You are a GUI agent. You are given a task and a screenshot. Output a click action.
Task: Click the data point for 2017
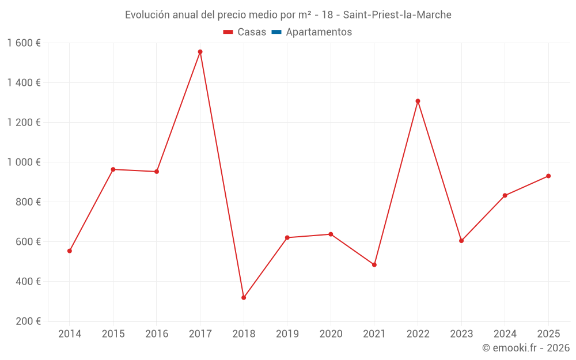tap(200, 52)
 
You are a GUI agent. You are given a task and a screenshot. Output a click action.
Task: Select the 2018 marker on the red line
tap(244, 298)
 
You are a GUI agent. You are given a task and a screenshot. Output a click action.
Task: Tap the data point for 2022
tap(418, 101)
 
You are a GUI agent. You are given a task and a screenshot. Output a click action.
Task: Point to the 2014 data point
tap(70, 251)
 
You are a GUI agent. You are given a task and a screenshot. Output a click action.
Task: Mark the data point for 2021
tap(374, 265)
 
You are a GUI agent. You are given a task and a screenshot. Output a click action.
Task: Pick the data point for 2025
tap(548, 176)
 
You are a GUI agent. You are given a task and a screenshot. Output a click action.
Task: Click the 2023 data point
tap(461, 241)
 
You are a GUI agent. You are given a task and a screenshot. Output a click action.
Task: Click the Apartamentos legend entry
tap(319, 32)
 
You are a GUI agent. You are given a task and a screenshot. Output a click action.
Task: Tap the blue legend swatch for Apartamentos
tap(276, 32)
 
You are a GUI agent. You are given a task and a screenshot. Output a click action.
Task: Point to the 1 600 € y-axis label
tap(24, 43)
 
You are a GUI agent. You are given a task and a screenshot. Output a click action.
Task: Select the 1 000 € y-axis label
tap(24, 162)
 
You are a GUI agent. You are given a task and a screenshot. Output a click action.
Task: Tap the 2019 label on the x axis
tap(287, 334)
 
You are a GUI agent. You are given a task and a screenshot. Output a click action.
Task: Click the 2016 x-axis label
tap(157, 334)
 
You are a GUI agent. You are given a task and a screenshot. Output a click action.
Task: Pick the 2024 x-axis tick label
tap(505, 334)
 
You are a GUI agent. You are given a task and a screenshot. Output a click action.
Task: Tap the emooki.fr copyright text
tap(526, 348)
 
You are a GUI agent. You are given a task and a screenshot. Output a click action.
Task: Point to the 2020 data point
tap(331, 234)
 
